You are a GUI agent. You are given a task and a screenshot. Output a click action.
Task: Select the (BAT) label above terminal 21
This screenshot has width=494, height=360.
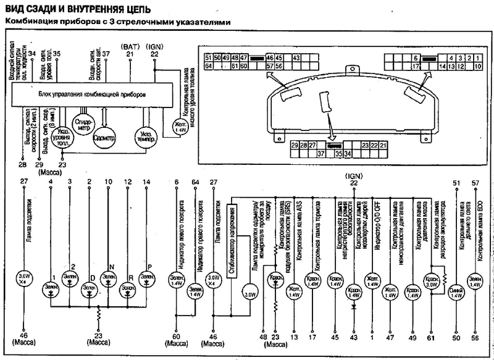point(130,46)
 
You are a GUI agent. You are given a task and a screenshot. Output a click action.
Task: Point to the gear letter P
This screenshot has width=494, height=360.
point(148,261)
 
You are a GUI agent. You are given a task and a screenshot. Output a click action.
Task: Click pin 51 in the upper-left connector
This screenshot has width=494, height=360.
point(209,57)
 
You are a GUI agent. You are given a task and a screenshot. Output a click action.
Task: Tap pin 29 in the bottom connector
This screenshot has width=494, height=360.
point(295,144)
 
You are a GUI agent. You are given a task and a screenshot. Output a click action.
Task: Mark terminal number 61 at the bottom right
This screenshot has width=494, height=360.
point(430,338)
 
